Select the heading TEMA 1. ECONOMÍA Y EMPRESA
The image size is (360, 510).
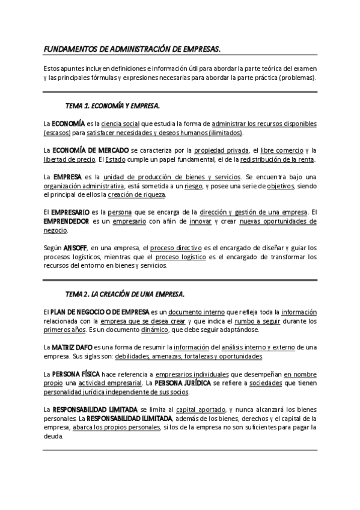112,106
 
